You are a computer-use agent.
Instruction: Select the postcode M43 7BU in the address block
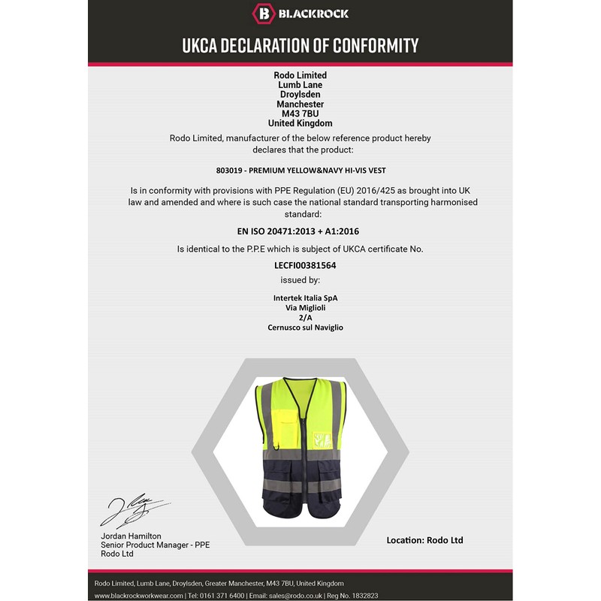pos(300,113)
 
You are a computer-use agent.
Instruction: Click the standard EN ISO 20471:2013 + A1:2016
pos(300,231)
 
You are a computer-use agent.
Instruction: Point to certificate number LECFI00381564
pos(300,265)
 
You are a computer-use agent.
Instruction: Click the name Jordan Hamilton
pos(131,536)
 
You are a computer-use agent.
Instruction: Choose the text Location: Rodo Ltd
pos(424,540)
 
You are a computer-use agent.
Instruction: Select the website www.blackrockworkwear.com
pos(139,596)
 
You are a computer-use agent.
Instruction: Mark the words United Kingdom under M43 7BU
pos(300,123)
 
